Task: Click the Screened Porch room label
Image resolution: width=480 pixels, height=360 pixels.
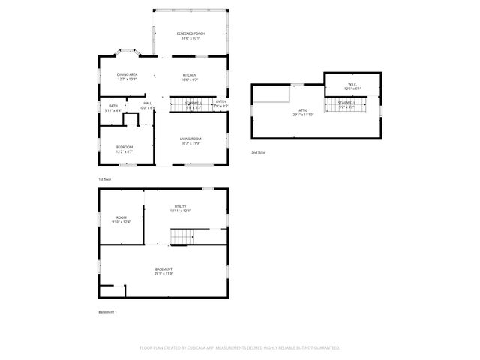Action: tap(190, 36)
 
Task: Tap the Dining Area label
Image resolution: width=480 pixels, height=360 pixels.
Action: tap(127, 76)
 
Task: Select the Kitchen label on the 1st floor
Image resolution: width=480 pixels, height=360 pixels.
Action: tap(190, 76)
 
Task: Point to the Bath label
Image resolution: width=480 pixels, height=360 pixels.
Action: tap(112, 108)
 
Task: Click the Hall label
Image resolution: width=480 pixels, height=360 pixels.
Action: tap(147, 105)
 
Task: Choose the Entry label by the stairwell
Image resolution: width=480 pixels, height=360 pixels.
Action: tap(220, 103)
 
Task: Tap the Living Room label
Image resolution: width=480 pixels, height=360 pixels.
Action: tap(190, 142)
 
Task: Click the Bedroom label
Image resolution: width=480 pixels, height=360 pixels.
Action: tap(124, 148)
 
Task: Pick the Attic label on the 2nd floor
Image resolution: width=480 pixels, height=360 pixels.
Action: tap(304, 112)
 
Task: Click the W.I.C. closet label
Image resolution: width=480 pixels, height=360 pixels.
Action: tap(352, 86)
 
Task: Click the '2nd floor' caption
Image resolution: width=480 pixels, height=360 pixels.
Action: tap(259, 152)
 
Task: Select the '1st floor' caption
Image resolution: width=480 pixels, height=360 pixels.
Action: tap(105, 180)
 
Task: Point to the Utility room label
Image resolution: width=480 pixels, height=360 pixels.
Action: tap(180, 208)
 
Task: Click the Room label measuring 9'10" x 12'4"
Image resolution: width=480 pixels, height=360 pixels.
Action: tap(121, 220)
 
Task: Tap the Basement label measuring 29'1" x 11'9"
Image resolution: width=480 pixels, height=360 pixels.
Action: tap(163, 271)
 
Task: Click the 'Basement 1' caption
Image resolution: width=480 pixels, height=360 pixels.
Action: tap(108, 312)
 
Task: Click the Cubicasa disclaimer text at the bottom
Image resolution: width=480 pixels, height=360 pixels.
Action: tap(240, 348)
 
